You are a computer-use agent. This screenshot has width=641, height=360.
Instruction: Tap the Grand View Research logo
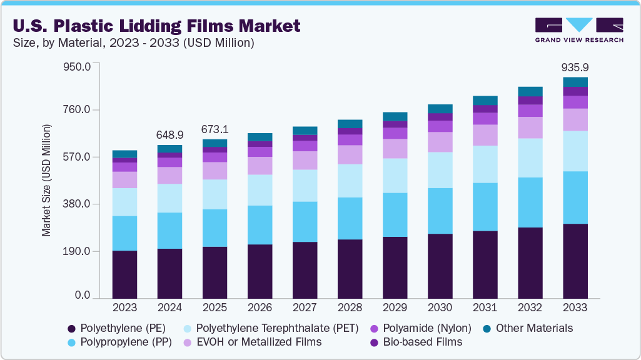pos(578,29)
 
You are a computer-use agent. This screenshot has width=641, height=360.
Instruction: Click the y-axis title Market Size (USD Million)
pos(46,180)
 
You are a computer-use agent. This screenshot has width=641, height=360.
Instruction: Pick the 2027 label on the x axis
pos(305,307)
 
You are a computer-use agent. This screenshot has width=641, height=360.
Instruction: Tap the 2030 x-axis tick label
pos(440,307)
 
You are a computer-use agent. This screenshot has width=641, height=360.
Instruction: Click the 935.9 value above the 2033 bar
pos(575,67)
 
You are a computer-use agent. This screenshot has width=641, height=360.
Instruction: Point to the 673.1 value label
pos(215,129)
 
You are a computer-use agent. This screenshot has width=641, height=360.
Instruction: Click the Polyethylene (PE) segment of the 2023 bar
pos(125,274)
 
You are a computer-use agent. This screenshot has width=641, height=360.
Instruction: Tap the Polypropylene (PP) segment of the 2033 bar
pos(575,197)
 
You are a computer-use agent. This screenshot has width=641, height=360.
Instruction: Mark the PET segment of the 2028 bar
pos(350,181)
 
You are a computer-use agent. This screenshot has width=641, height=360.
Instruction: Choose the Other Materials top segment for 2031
pos(485,101)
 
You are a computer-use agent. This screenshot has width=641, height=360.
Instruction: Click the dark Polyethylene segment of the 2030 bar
pos(440,266)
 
